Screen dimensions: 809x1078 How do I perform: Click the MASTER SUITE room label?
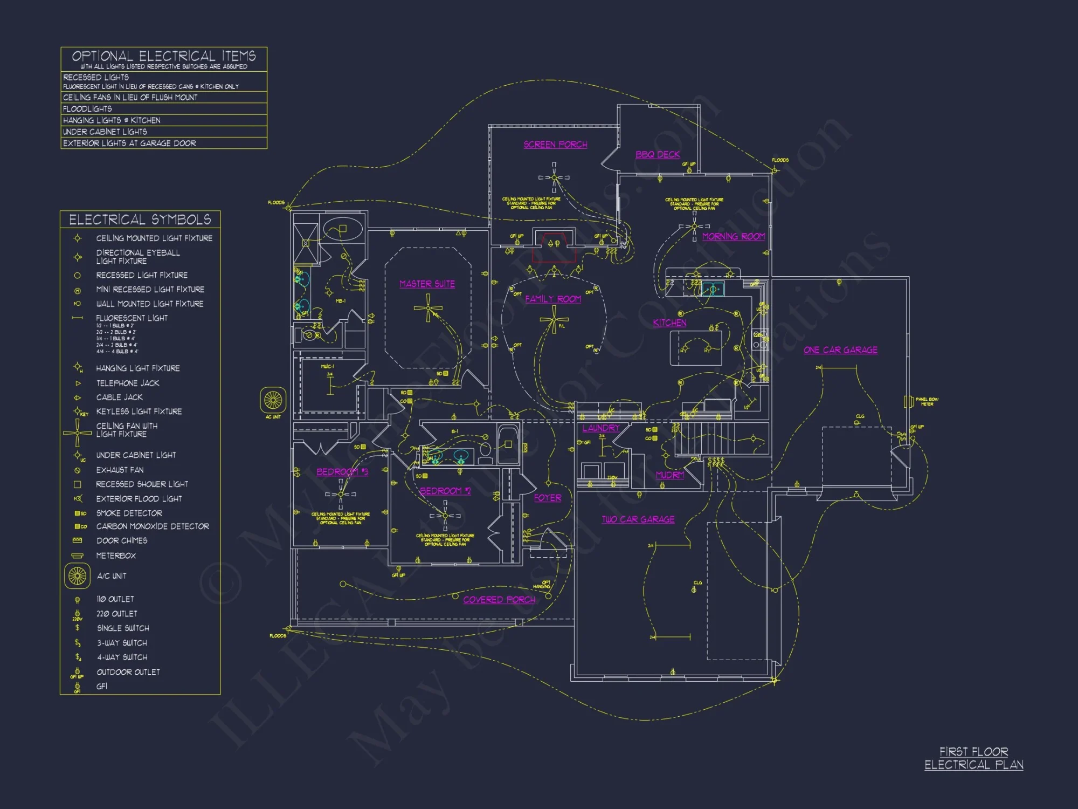(x=427, y=284)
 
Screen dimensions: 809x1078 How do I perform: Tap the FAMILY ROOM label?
(x=553, y=299)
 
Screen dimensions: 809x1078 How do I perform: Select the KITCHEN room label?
(x=669, y=323)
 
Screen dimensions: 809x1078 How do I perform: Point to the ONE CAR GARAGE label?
(x=840, y=350)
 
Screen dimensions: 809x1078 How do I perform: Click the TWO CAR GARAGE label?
(x=638, y=519)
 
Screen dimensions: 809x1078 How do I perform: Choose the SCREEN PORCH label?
(x=555, y=145)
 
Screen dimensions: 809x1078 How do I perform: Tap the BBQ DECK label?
(x=658, y=154)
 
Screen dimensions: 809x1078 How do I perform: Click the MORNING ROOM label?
(x=734, y=236)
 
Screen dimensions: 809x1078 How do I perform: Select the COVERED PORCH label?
(x=499, y=600)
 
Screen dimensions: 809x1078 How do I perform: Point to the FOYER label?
(x=548, y=498)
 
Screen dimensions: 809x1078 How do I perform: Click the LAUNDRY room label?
(x=601, y=428)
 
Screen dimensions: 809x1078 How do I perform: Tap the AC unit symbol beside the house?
(x=273, y=400)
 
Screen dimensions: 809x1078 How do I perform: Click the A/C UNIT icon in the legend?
(x=77, y=576)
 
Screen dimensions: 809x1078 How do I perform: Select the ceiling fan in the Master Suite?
(x=428, y=308)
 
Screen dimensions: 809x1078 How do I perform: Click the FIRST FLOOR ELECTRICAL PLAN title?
(x=973, y=758)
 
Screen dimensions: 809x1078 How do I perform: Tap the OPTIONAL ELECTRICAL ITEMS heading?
(x=164, y=56)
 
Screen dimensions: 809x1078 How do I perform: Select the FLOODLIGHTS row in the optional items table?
(x=87, y=109)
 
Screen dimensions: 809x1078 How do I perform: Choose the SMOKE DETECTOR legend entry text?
(x=129, y=513)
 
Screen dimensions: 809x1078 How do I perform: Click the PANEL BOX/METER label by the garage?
(x=927, y=401)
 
